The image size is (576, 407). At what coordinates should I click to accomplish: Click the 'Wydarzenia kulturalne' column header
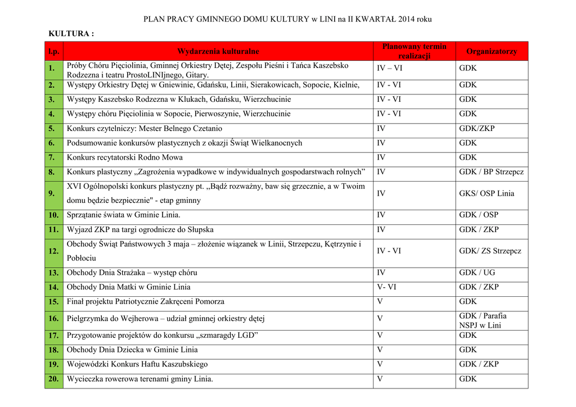point(218,51)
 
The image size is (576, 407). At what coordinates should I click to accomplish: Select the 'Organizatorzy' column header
point(491,51)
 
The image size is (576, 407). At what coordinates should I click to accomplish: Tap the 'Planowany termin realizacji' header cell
point(414,51)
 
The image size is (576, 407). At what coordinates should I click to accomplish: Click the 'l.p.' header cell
point(53,51)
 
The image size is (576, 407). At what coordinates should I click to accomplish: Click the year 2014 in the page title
point(407,19)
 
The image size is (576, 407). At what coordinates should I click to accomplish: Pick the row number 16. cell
point(53,319)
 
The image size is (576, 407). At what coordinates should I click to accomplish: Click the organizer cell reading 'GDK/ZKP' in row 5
point(476,128)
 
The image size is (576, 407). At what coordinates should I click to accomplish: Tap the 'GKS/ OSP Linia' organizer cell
point(487,193)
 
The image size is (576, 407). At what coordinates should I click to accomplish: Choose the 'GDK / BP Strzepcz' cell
point(491,172)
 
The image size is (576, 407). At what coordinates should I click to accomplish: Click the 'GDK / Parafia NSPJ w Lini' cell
point(482,320)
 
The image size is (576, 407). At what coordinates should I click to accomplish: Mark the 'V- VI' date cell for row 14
point(386,287)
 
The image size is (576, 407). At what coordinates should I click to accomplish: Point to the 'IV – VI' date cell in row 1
point(389,69)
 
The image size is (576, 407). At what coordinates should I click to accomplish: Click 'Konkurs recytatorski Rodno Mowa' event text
point(125,157)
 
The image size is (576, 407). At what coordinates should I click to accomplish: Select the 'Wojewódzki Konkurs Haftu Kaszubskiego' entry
point(137,364)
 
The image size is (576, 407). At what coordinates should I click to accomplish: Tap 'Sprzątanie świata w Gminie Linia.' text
point(124,215)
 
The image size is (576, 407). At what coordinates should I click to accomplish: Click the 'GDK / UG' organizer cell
point(477,273)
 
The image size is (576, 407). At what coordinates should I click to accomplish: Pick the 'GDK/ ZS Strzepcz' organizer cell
point(490,251)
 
